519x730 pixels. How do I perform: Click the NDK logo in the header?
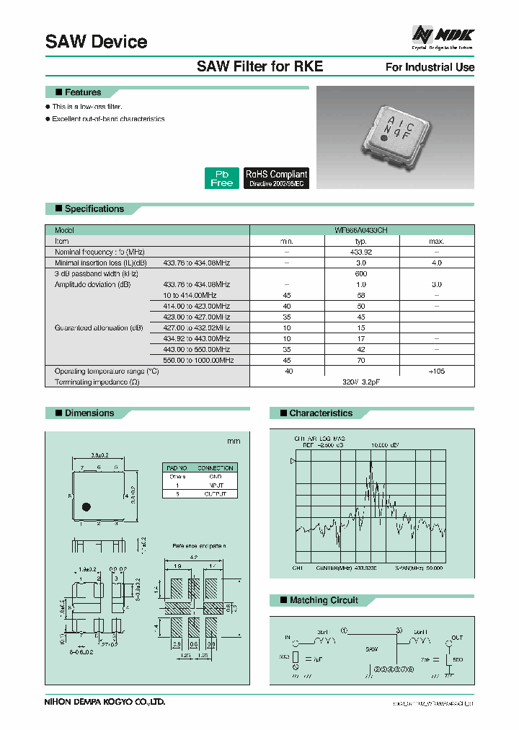(x=443, y=34)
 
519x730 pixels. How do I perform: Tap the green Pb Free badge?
(x=221, y=178)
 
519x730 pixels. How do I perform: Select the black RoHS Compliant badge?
(x=276, y=178)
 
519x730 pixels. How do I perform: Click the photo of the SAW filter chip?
(x=395, y=136)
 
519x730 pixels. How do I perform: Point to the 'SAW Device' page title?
(x=96, y=42)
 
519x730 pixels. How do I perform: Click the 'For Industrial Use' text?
(x=430, y=67)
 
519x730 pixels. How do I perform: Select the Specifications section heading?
(x=94, y=209)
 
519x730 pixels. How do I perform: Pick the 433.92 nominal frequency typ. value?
(x=361, y=252)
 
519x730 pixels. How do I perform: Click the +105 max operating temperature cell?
(x=437, y=371)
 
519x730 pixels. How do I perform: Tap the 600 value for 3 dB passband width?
(x=361, y=274)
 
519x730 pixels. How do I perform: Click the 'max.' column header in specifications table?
(x=437, y=242)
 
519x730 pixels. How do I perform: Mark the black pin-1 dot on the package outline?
(x=86, y=506)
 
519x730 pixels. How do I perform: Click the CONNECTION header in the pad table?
(x=216, y=468)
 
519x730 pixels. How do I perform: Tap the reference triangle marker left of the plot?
(x=292, y=460)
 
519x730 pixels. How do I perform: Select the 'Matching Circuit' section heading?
(x=323, y=600)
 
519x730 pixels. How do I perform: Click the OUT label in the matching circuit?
(x=456, y=637)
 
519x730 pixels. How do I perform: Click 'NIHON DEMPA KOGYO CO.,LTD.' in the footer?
(x=105, y=701)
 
